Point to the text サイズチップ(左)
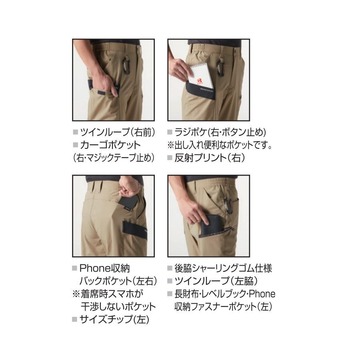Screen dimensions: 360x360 coord(114,319)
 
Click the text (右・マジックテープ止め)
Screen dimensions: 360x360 coord(114,158)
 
